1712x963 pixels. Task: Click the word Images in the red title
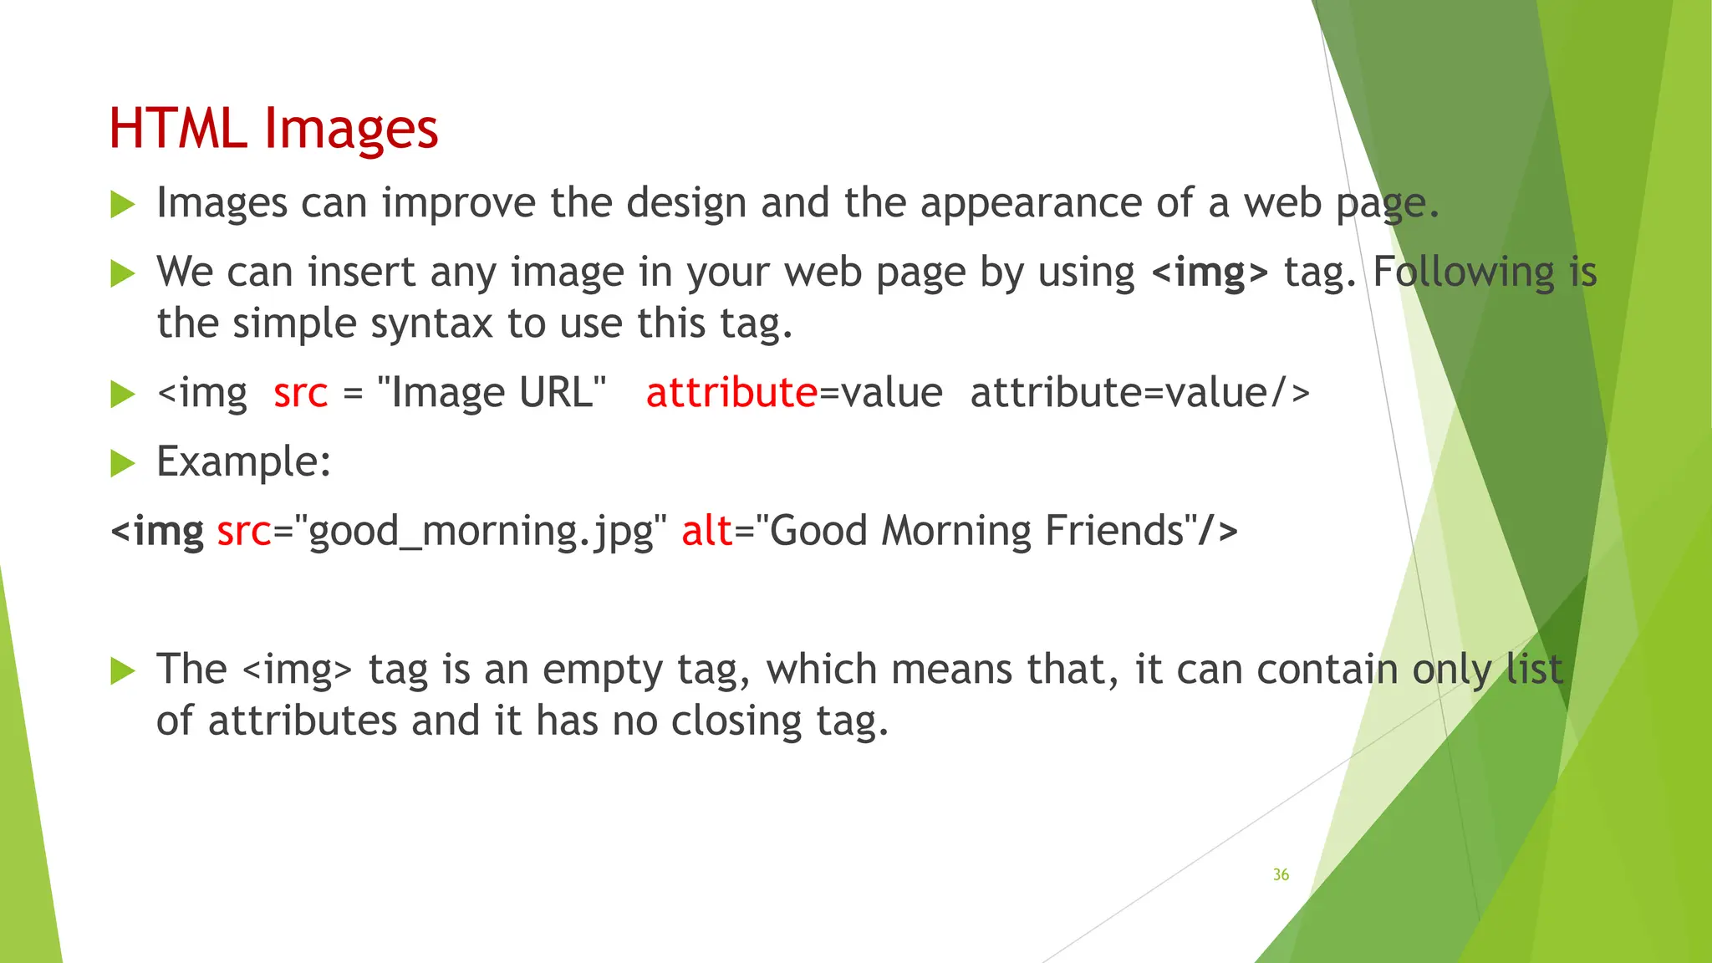(x=350, y=130)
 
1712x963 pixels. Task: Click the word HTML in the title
(x=177, y=130)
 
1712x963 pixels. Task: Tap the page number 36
(x=1281, y=874)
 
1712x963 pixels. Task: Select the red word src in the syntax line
(x=300, y=392)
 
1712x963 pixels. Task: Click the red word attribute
(x=731, y=392)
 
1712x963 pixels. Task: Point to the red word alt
(x=706, y=531)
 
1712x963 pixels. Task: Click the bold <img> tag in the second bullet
(x=1210, y=273)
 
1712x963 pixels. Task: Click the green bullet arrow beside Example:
(x=122, y=462)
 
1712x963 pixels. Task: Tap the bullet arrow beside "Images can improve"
(x=122, y=204)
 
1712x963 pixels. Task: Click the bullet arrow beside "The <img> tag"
(x=122, y=670)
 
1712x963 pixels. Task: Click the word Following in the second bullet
(x=1463, y=273)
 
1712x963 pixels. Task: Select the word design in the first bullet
(x=685, y=203)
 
